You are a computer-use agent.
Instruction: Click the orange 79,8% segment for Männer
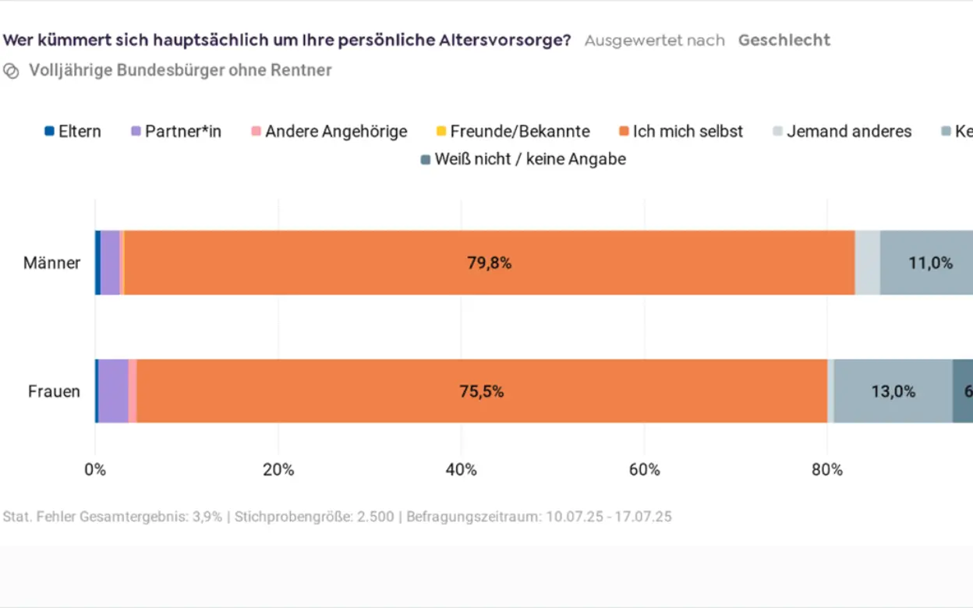(489, 263)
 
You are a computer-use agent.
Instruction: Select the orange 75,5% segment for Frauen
(481, 391)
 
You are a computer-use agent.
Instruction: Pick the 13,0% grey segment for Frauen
(893, 391)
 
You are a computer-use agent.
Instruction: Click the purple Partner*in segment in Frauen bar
(113, 391)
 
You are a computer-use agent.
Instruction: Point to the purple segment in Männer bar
(110, 263)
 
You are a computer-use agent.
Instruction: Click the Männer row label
(51, 263)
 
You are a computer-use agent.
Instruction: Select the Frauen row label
(54, 391)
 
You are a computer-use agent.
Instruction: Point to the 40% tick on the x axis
(461, 470)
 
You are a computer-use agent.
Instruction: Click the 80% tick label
(826, 470)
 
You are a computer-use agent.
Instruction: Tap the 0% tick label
(95, 470)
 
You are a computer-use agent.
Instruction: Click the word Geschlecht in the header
(784, 40)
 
